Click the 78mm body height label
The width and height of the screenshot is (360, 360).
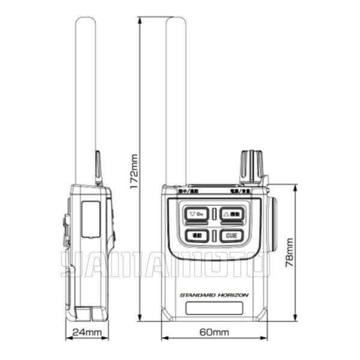(290, 252)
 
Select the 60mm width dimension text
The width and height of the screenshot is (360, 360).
(213, 332)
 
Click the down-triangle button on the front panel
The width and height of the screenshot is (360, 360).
(196, 213)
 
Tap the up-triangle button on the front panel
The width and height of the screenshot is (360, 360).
(231, 213)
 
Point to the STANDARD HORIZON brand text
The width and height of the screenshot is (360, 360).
(213, 295)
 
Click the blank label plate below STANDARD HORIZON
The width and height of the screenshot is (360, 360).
(213, 309)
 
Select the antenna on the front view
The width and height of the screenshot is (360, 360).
(176, 96)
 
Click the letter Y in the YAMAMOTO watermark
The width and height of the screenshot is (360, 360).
(71, 264)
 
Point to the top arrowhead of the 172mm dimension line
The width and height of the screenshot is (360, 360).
(139, 20)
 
